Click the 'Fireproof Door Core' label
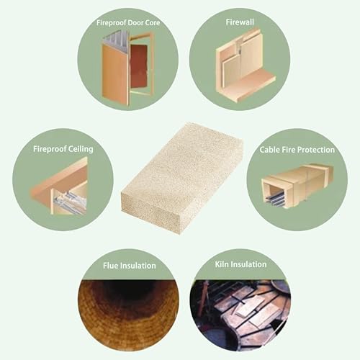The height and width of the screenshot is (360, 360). click(128, 23)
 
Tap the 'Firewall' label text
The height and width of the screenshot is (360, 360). click(240, 22)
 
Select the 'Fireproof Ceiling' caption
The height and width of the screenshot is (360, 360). click(63, 149)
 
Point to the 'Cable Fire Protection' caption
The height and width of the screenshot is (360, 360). click(297, 150)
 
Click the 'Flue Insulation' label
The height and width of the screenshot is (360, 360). click(130, 266)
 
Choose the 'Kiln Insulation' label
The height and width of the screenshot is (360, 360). click(240, 264)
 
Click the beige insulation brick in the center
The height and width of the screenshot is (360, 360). click(181, 178)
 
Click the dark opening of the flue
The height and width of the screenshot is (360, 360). click(129, 289)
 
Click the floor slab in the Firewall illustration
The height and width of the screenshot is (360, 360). click(250, 84)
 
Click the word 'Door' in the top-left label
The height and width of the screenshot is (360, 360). click(135, 23)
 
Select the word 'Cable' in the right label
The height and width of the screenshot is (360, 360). click(270, 150)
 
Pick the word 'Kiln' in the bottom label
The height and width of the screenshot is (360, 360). click(221, 264)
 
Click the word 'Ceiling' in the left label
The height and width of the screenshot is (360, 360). click(81, 149)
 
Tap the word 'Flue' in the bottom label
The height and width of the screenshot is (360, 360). click(111, 266)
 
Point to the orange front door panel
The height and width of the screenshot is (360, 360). click(115, 74)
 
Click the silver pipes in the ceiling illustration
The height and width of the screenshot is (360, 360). click(70, 199)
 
